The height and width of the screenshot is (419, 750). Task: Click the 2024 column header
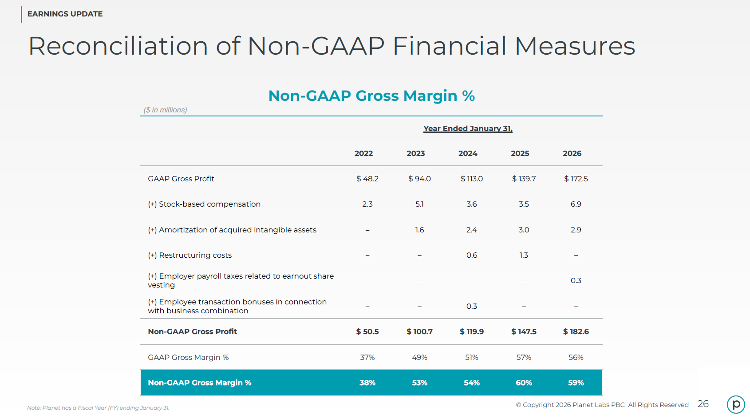468,154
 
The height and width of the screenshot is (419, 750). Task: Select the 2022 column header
363,154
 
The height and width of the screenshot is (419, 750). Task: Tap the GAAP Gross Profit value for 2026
576,179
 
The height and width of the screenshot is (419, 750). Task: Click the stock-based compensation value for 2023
419,204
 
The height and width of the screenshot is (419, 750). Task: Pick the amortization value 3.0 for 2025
524,230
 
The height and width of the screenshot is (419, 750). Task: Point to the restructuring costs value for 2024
472,255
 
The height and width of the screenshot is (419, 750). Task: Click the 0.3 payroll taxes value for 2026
576,280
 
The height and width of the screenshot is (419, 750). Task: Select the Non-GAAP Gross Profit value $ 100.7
419,331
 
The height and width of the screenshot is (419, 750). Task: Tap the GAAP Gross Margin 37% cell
367,357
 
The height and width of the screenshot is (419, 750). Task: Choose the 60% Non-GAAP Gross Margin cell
524,383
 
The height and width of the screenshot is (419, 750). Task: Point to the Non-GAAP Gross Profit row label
193,331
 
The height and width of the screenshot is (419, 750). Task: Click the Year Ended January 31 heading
468,129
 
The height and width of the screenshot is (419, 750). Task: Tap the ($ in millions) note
166,110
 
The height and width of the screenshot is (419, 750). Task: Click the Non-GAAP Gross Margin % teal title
371,96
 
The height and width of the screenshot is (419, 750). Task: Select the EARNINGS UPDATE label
65,14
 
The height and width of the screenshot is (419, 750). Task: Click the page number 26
703,404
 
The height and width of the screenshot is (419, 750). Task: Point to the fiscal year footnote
98,408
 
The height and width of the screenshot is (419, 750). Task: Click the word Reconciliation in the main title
118,46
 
